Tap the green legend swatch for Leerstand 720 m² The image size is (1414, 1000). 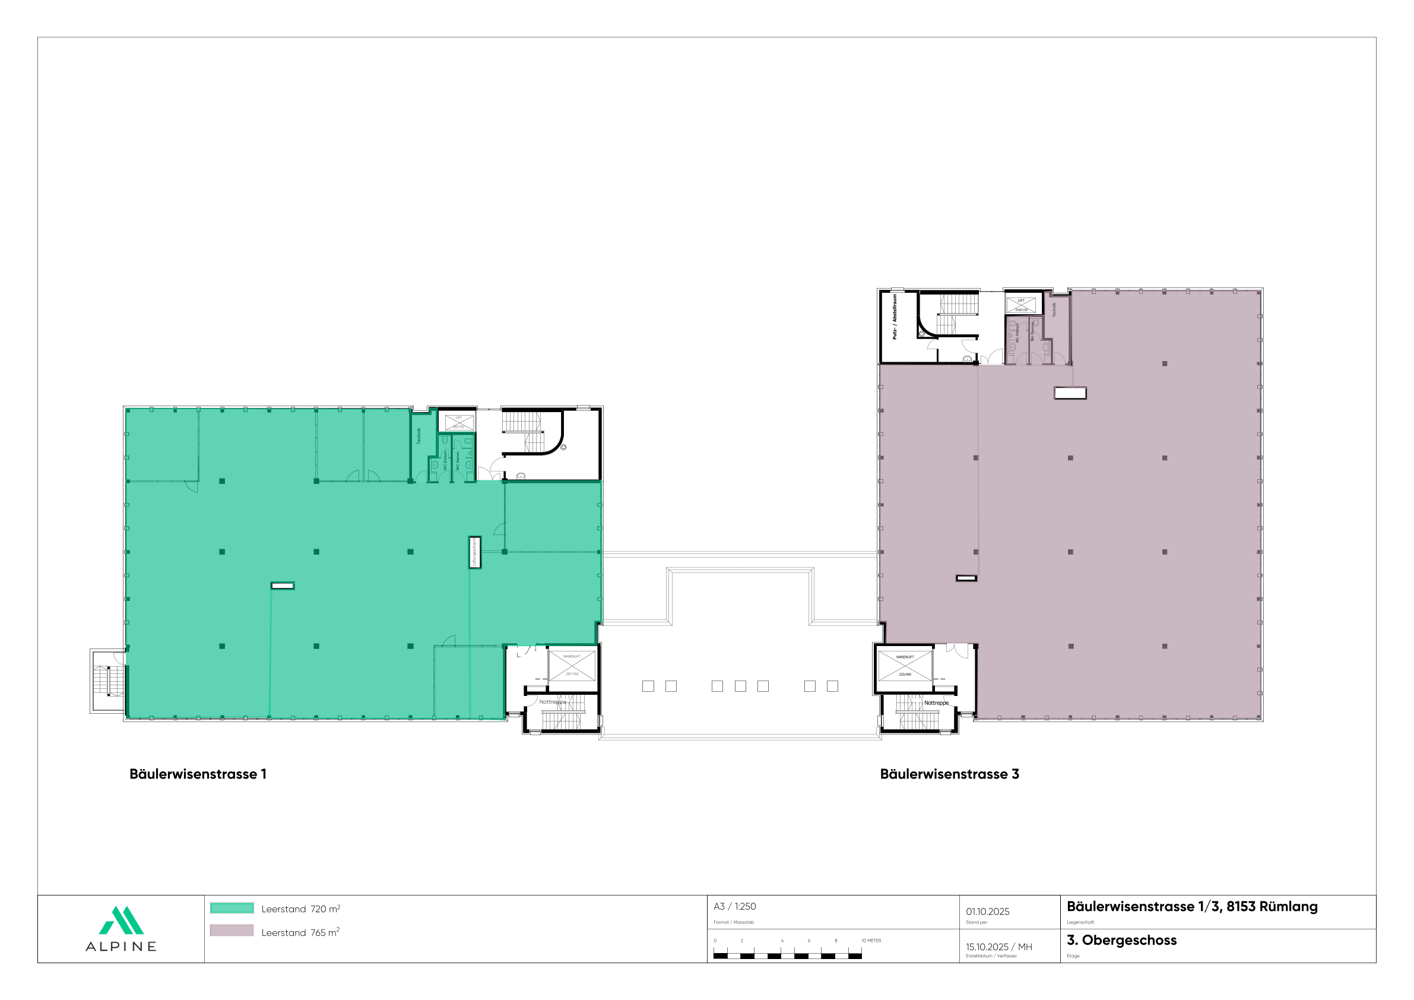232,907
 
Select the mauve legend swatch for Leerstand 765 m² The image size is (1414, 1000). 232,931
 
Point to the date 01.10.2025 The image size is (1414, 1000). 987,912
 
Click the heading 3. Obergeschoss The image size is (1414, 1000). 1121,940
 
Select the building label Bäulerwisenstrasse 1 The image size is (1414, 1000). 198,774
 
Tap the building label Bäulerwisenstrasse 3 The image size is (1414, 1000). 949,774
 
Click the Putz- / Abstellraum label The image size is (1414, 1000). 894,317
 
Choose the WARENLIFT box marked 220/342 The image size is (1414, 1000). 572,666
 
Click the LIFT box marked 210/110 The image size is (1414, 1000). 1021,305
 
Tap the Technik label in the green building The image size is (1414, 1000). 419,436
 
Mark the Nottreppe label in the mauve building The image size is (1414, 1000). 936,703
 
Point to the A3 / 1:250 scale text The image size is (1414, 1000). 735,906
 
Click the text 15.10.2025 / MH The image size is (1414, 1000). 999,947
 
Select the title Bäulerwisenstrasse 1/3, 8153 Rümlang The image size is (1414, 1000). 1191,906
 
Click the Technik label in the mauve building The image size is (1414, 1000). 1054,310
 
